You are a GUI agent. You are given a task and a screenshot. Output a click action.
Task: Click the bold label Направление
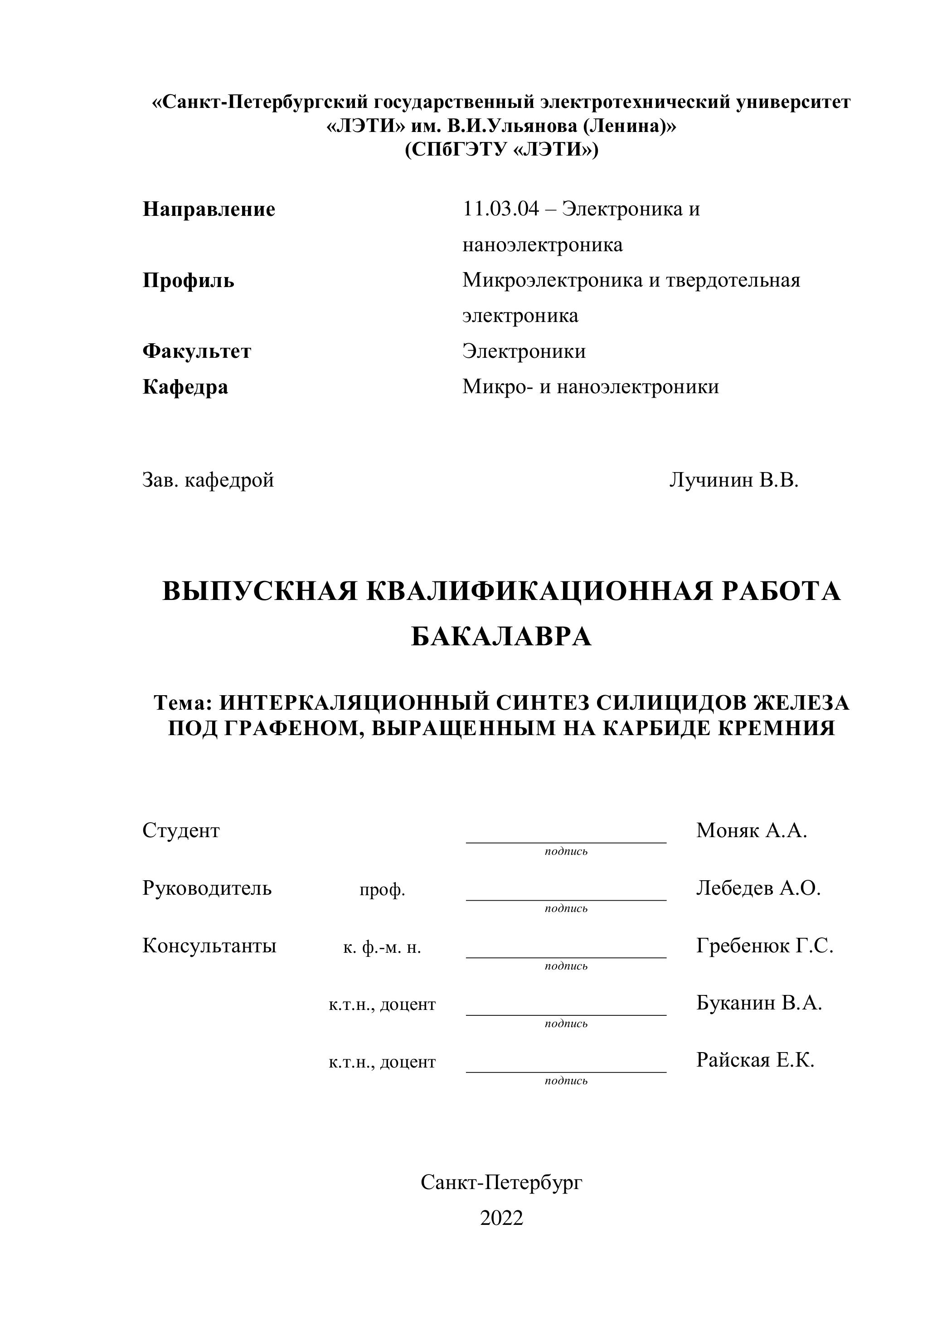[209, 209]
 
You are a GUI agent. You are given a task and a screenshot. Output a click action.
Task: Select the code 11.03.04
[500, 209]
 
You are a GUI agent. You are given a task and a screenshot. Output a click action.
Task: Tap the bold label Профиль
[188, 281]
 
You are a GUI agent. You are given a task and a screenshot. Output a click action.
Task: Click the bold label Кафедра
[185, 386]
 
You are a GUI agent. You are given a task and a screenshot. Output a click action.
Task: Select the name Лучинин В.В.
[734, 480]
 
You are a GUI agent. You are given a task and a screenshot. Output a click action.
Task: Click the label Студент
[181, 830]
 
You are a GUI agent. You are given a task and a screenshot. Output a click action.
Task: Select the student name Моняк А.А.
[751, 830]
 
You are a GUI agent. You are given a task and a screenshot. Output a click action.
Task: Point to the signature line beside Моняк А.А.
[566, 842]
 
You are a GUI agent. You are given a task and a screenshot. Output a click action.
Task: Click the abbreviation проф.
[382, 890]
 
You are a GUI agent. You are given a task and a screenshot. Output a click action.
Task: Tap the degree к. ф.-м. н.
[382, 947]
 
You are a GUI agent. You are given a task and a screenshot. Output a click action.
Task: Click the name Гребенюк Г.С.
[764, 946]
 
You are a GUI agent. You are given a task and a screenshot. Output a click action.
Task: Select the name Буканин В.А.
[758, 1003]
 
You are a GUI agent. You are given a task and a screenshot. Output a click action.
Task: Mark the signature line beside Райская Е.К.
[566, 1072]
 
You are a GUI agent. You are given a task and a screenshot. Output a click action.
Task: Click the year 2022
[501, 1218]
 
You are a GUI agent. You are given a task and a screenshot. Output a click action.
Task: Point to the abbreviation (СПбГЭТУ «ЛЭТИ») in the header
[501, 150]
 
